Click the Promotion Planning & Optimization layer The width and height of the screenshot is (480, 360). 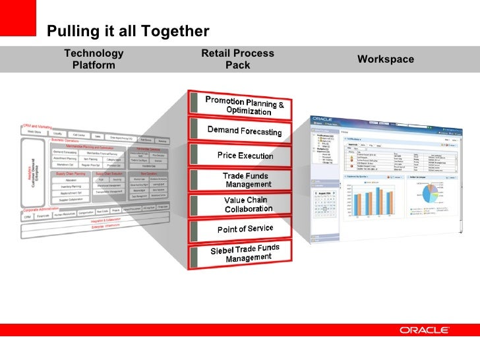pos(244,105)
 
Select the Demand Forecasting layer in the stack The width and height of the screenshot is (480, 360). pos(244,131)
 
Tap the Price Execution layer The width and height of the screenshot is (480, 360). pos(245,156)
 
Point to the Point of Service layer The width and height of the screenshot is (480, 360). pos(245,229)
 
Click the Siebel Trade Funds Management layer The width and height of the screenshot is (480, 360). pos(245,253)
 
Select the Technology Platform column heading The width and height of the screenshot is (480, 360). pos(93,59)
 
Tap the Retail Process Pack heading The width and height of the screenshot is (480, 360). pos(237,59)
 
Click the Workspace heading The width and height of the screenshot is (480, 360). pos(386,59)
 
